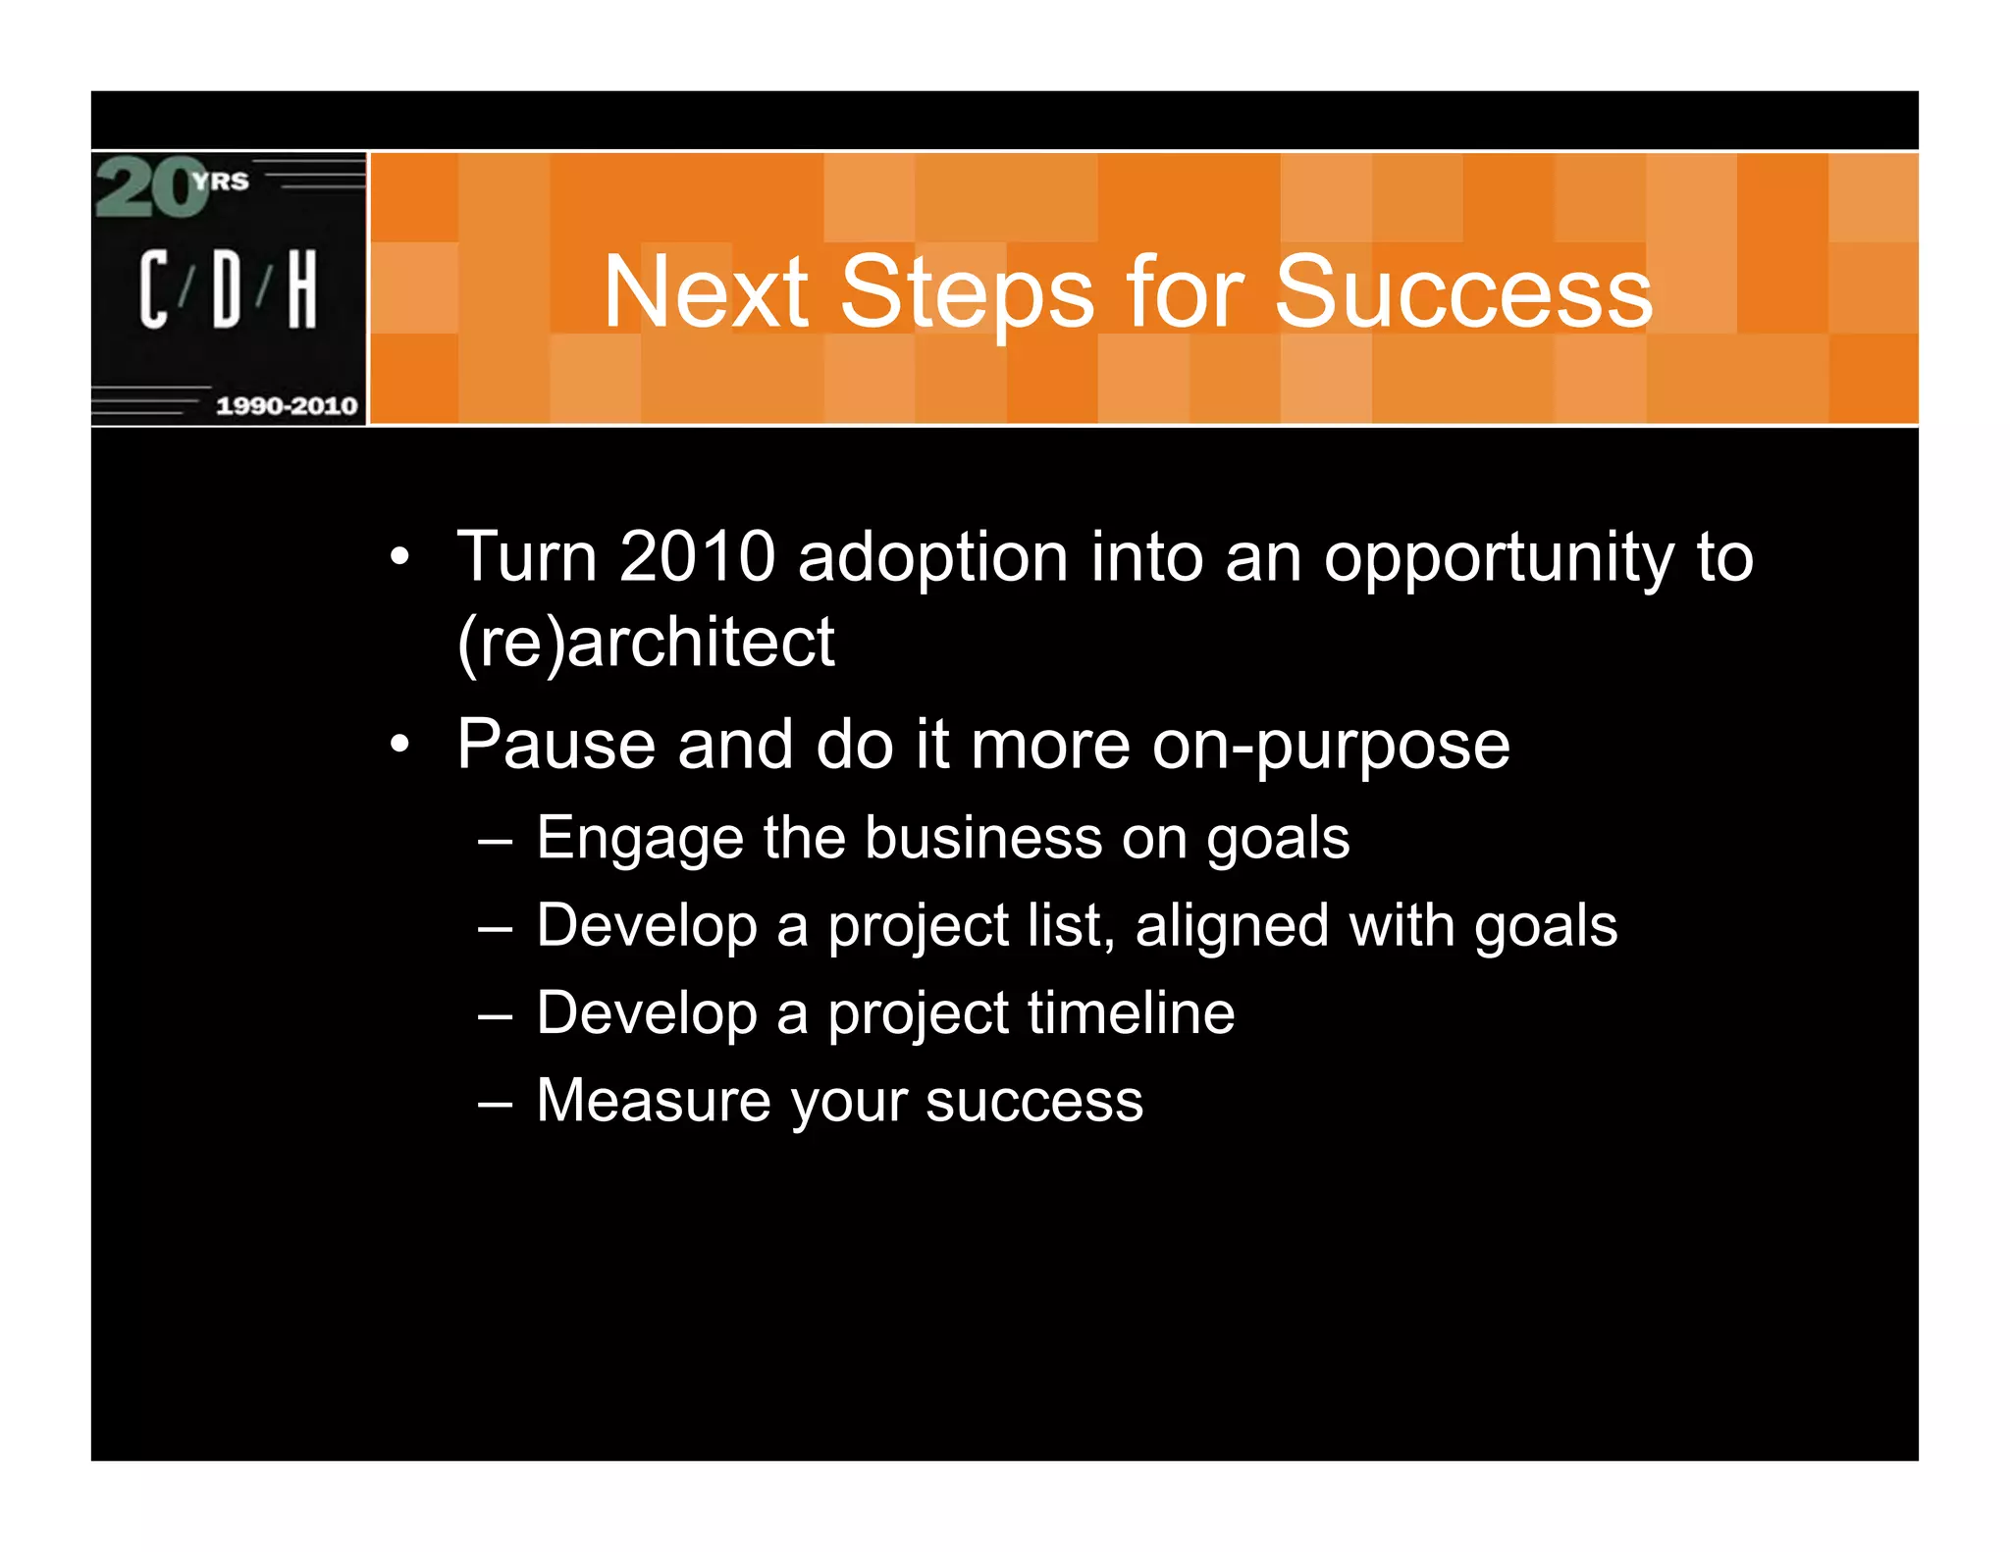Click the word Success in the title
point(1462,291)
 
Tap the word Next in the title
point(705,291)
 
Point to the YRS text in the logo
point(222,181)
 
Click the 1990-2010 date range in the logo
point(287,406)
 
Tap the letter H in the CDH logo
point(302,288)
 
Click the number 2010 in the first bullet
point(698,557)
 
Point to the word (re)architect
point(646,644)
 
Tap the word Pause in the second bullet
point(555,744)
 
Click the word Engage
point(640,840)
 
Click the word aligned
point(1232,927)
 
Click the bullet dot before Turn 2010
point(398,557)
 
